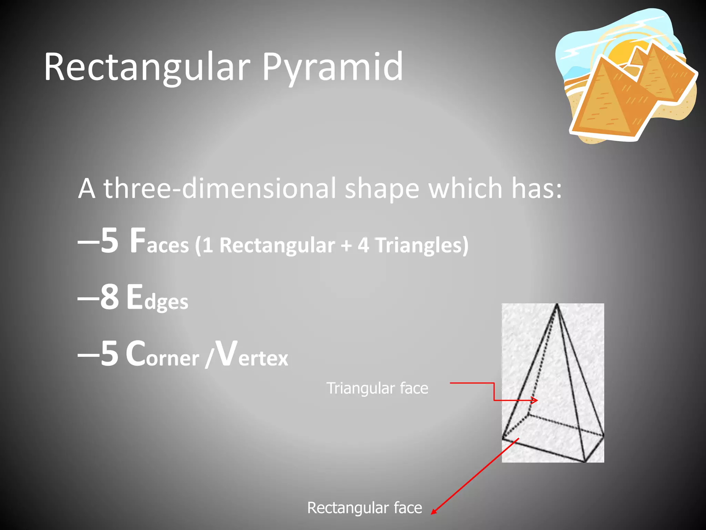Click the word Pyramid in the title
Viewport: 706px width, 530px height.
tap(332, 67)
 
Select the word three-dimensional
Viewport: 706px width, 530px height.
tap(220, 189)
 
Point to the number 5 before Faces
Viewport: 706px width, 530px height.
tap(110, 241)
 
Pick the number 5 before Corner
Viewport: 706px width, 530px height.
tap(110, 354)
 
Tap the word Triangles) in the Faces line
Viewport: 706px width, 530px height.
tap(422, 245)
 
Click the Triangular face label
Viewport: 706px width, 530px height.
tap(377, 388)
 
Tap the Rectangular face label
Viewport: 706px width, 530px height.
tap(364, 508)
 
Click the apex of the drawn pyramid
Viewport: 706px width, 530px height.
tap(557, 305)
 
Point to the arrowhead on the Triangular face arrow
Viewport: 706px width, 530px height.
tap(535, 400)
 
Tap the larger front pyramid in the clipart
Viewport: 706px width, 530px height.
tap(607, 100)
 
